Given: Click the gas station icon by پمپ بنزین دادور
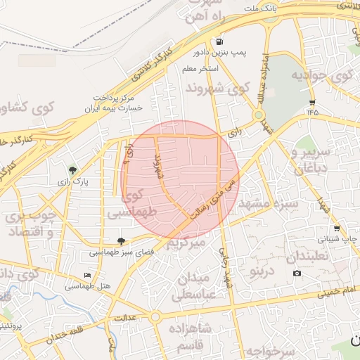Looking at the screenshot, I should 221,41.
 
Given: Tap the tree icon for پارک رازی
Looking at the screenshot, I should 72,169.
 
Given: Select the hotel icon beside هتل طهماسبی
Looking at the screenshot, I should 87,275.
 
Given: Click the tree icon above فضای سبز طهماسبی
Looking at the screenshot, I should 121,240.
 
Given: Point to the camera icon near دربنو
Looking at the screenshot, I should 296,273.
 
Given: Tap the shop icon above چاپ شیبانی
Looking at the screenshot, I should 337,228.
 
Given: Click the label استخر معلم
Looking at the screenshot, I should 200,69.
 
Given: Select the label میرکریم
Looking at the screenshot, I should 187,243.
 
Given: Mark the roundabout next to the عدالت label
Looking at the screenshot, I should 155,317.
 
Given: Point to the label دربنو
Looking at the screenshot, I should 261,271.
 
